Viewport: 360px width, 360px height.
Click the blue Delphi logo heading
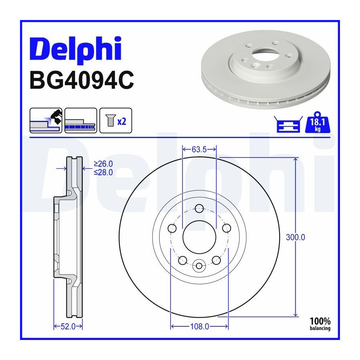[76, 50]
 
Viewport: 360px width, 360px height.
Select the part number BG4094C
[82, 80]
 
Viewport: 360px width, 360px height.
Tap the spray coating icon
[46, 120]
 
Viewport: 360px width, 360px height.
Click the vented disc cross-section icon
[81, 120]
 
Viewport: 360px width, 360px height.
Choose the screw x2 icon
[116, 120]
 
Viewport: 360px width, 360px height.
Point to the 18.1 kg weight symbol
[318, 122]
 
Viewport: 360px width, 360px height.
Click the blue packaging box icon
[288, 124]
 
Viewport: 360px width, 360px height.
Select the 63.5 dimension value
[199, 150]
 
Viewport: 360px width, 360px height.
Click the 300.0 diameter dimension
[296, 237]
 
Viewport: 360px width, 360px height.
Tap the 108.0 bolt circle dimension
[200, 326]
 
